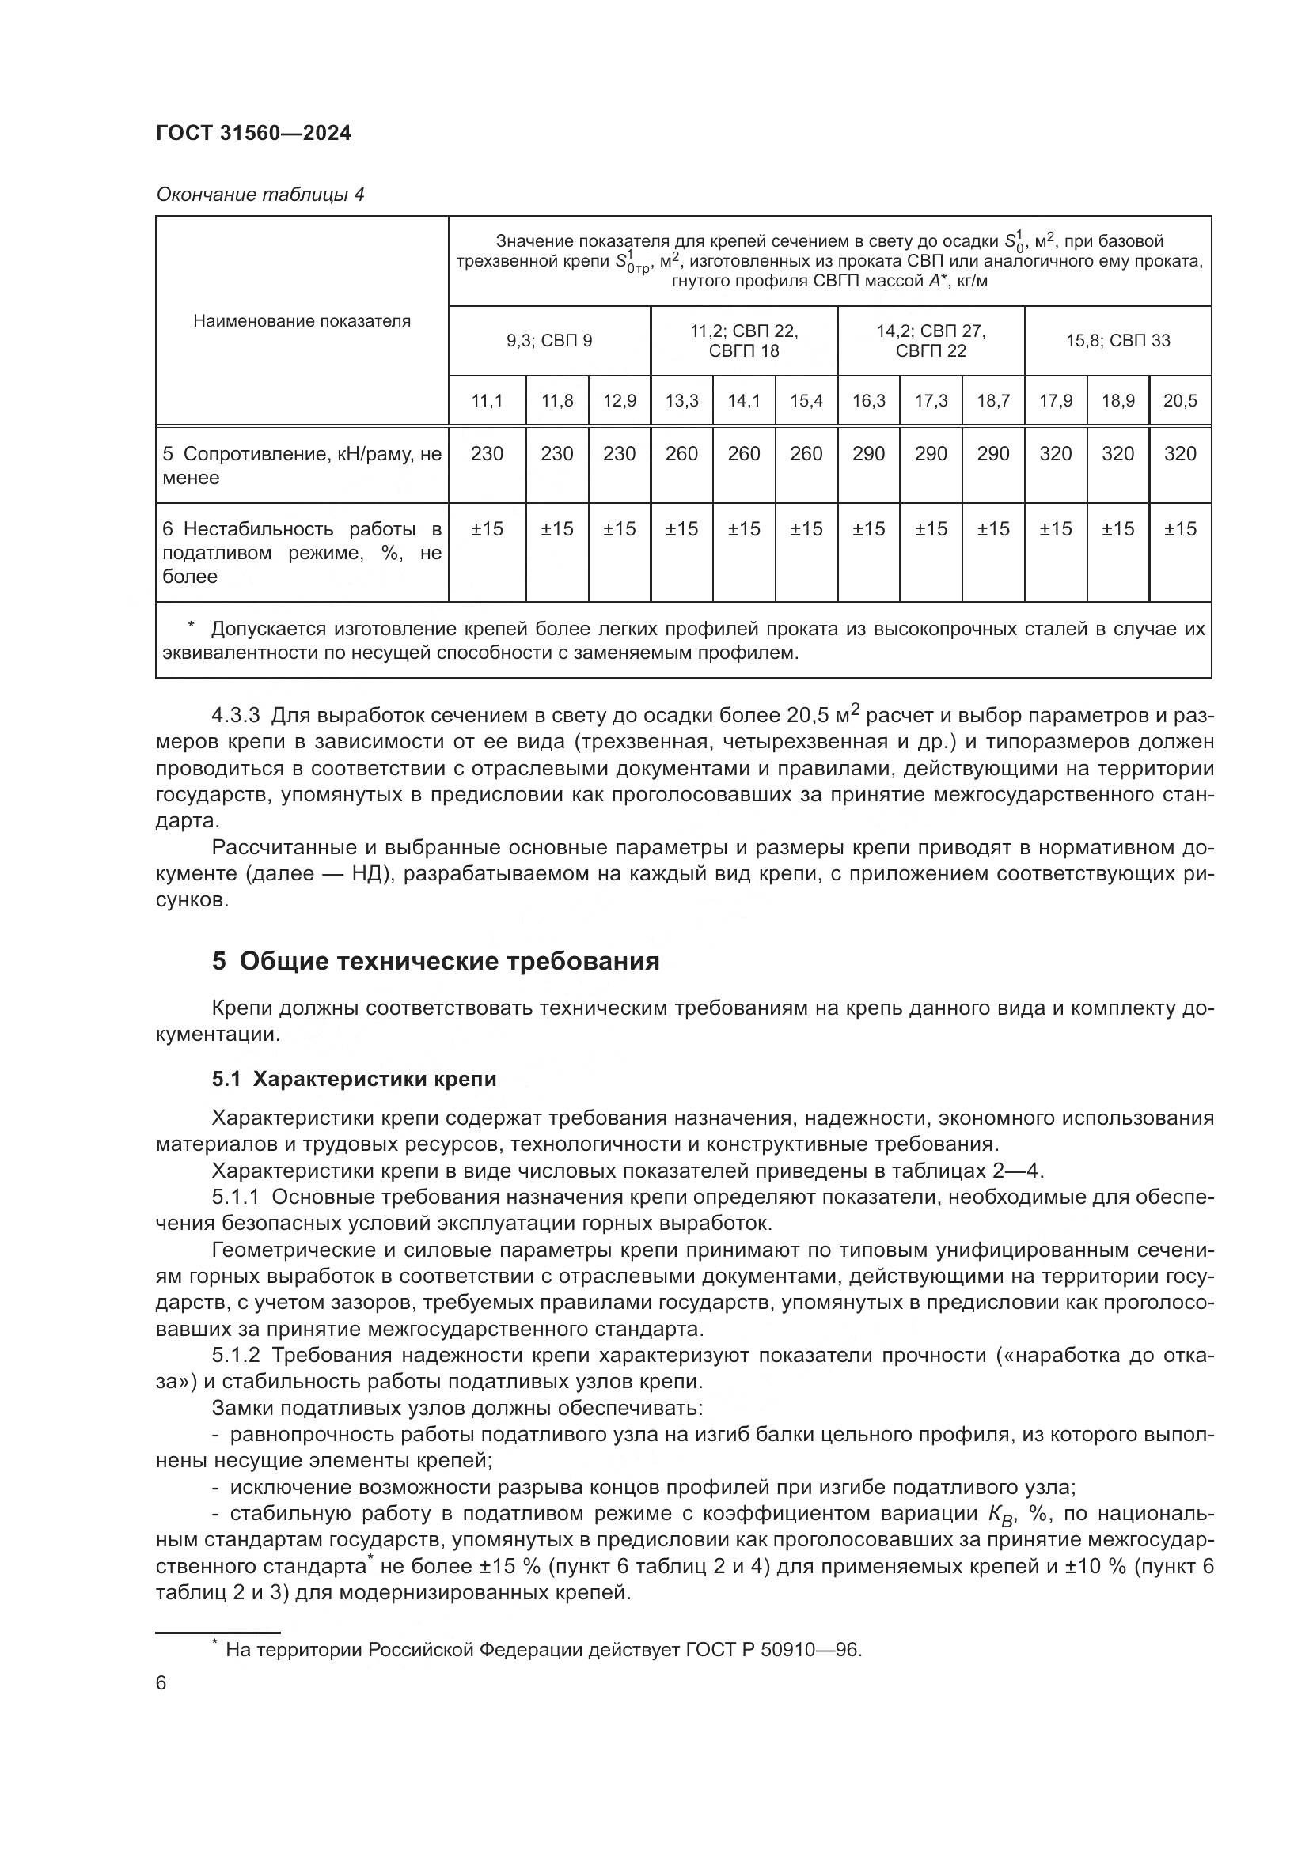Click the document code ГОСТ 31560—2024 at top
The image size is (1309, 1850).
pyautogui.click(x=253, y=133)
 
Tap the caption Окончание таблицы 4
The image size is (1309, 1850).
pyautogui.click(x=260, y=195)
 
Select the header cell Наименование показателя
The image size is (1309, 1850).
pyautogui.click(x=302, y=321)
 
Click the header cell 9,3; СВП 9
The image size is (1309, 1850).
pyautogui.click(x=549, y=341)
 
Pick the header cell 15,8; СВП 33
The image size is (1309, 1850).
pyautogui.click(x=1117, y=341)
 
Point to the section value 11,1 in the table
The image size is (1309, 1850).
pyautogui.click(x=487, y=400)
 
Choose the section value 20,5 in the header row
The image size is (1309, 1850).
pyautogui.click(x=1180, y=400)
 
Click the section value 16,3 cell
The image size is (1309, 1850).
pyautogui.click(x=868, y=400)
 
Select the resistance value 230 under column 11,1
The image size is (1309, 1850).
pyautogui.click(x=487, y=454)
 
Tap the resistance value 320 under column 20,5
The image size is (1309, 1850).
pyautogui.click(x=1180, y=454)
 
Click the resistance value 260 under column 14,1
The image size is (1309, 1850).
pyautogui.click(x=743, y=454)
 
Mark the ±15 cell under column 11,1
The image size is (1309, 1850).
pyautogui.click(x=487, y=529)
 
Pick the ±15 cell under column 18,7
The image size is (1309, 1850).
pyautogui.click(x=993, y=529)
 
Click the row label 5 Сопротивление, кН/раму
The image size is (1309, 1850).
pyautogui.click(x=302, y=466)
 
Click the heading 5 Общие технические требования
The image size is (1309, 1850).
pyautogui.click(x=435, y=961)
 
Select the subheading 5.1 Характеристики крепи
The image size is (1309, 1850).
pyautogui.click(x=354, y=1080)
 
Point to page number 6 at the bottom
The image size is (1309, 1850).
pyautogui.click(x=161, y=1684)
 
